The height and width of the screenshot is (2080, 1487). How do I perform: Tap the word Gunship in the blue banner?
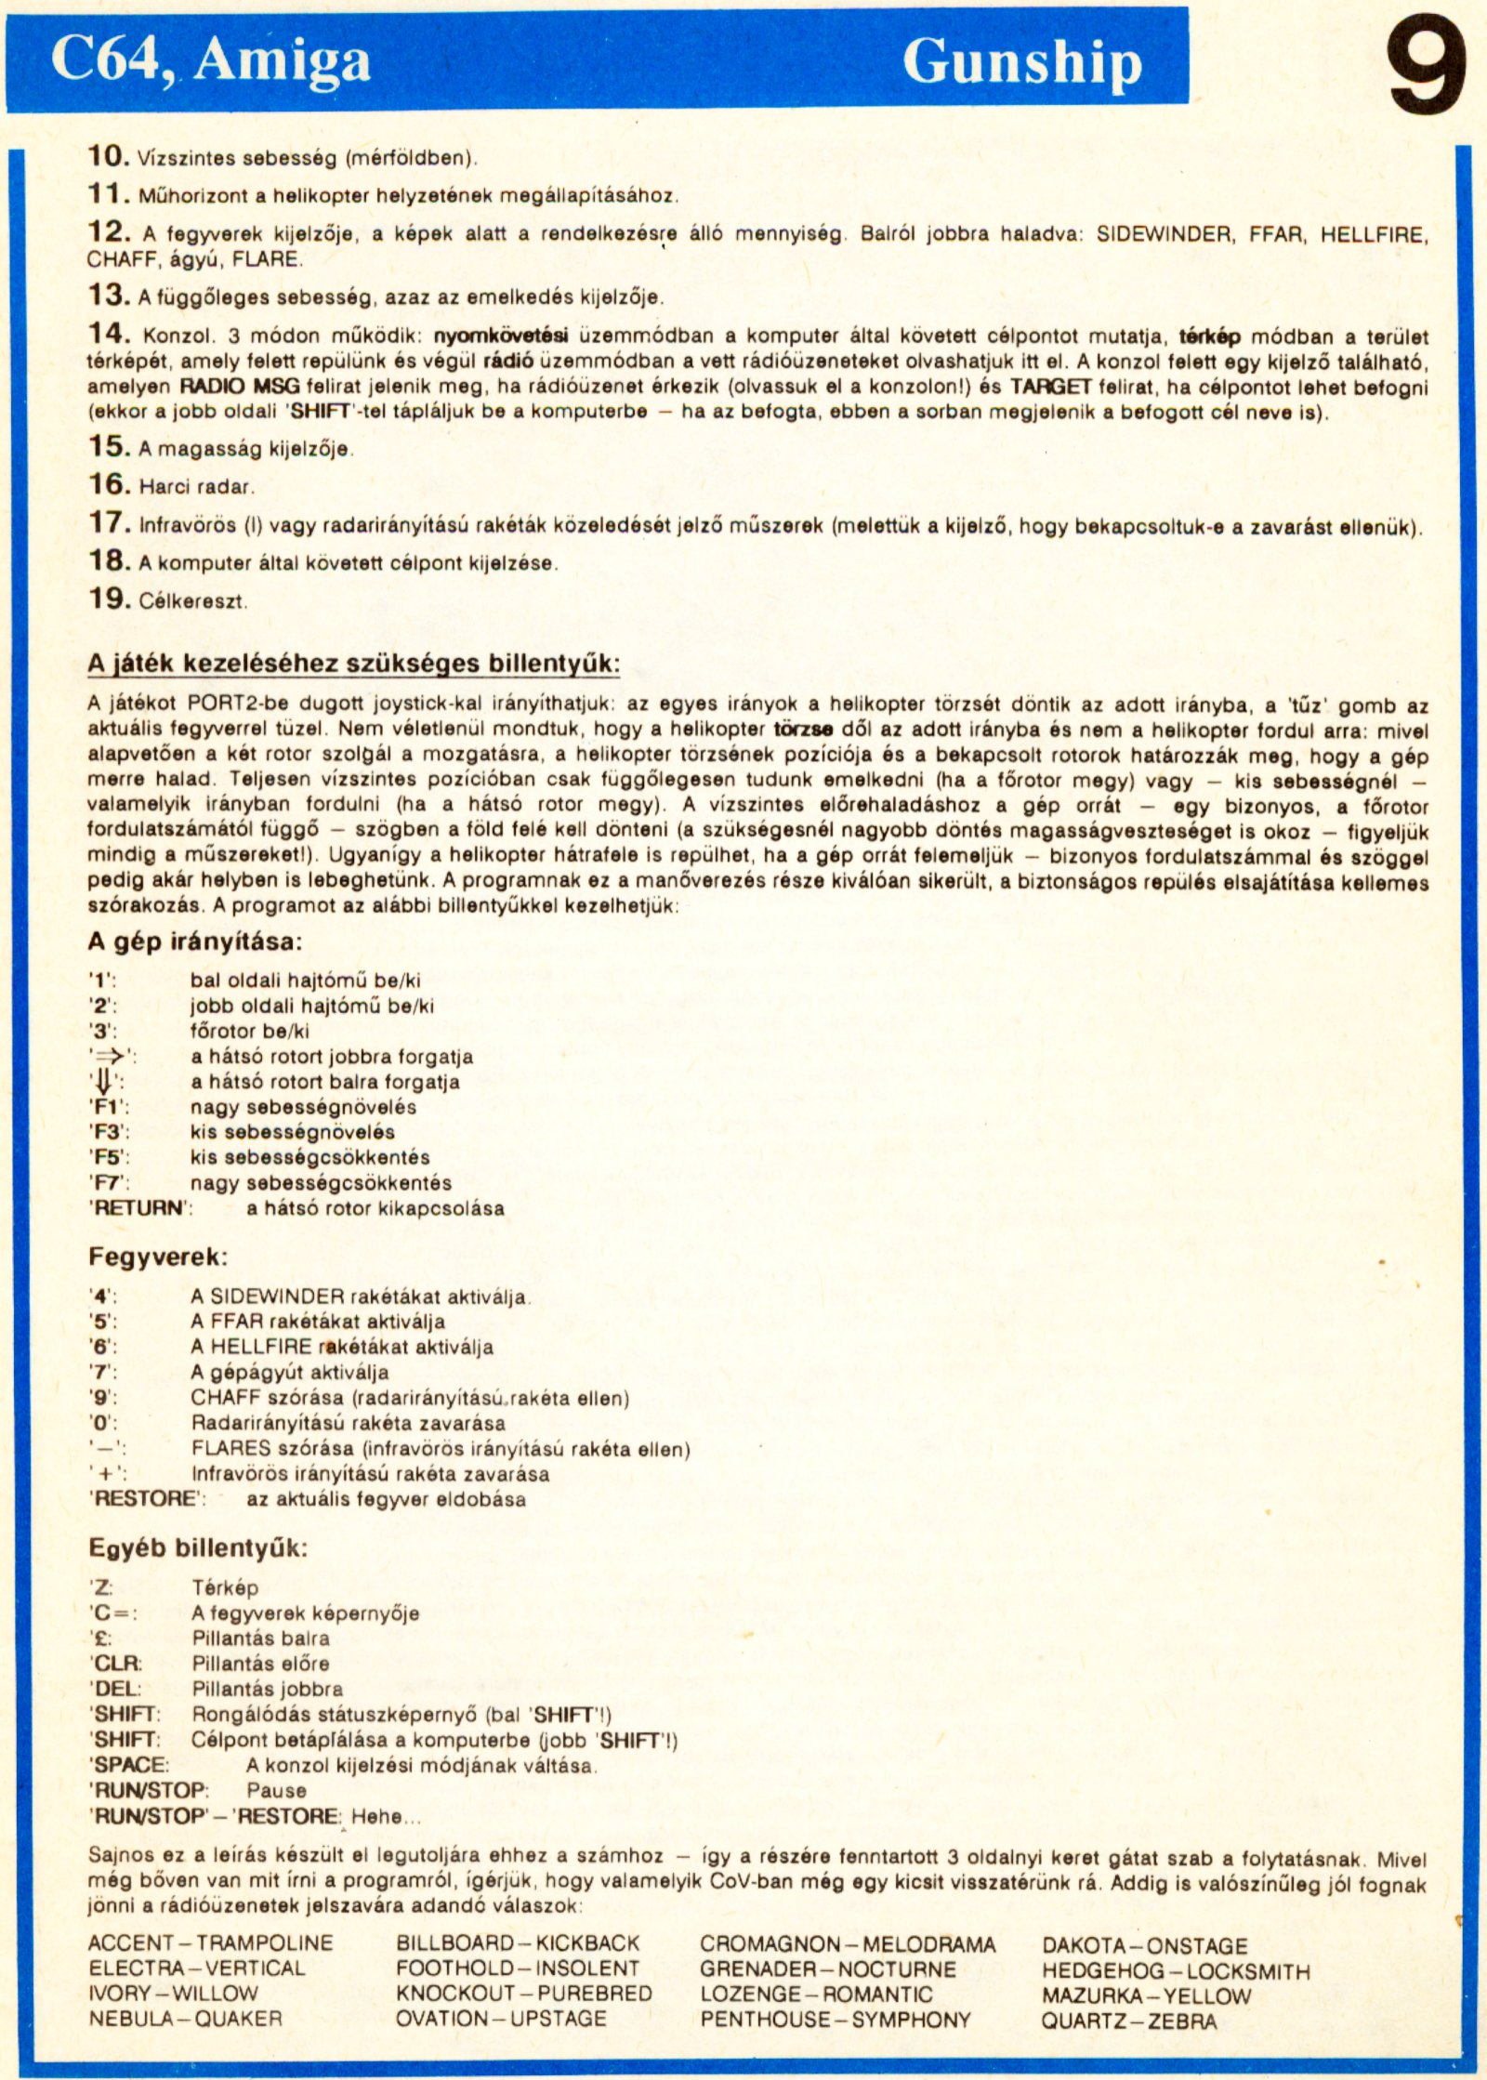pos(1021,62)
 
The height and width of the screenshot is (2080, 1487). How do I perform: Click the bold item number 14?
pos(110,334)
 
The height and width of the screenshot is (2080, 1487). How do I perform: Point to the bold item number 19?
pos(110,599)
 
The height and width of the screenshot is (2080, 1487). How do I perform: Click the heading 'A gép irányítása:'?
pos(195,941)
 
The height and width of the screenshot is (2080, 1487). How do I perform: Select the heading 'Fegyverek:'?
pos(158,1257)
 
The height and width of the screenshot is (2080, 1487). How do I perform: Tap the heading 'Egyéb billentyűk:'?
pos(197,1547)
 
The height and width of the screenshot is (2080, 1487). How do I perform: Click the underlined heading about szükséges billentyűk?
pos(353,664)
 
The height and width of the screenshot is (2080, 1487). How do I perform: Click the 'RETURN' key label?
pos(139,1208)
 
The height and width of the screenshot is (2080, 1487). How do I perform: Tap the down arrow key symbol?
pos(105,1083)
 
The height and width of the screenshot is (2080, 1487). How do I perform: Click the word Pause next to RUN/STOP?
pos(276,1790)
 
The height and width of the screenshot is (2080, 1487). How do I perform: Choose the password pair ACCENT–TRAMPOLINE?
pos(210,1943)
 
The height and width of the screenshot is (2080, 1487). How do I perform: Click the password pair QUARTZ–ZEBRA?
pos(1128,2021)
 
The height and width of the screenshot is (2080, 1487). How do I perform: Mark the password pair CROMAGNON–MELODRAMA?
pos(847,1944)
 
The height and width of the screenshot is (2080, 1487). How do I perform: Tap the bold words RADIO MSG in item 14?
pos(239,387)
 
